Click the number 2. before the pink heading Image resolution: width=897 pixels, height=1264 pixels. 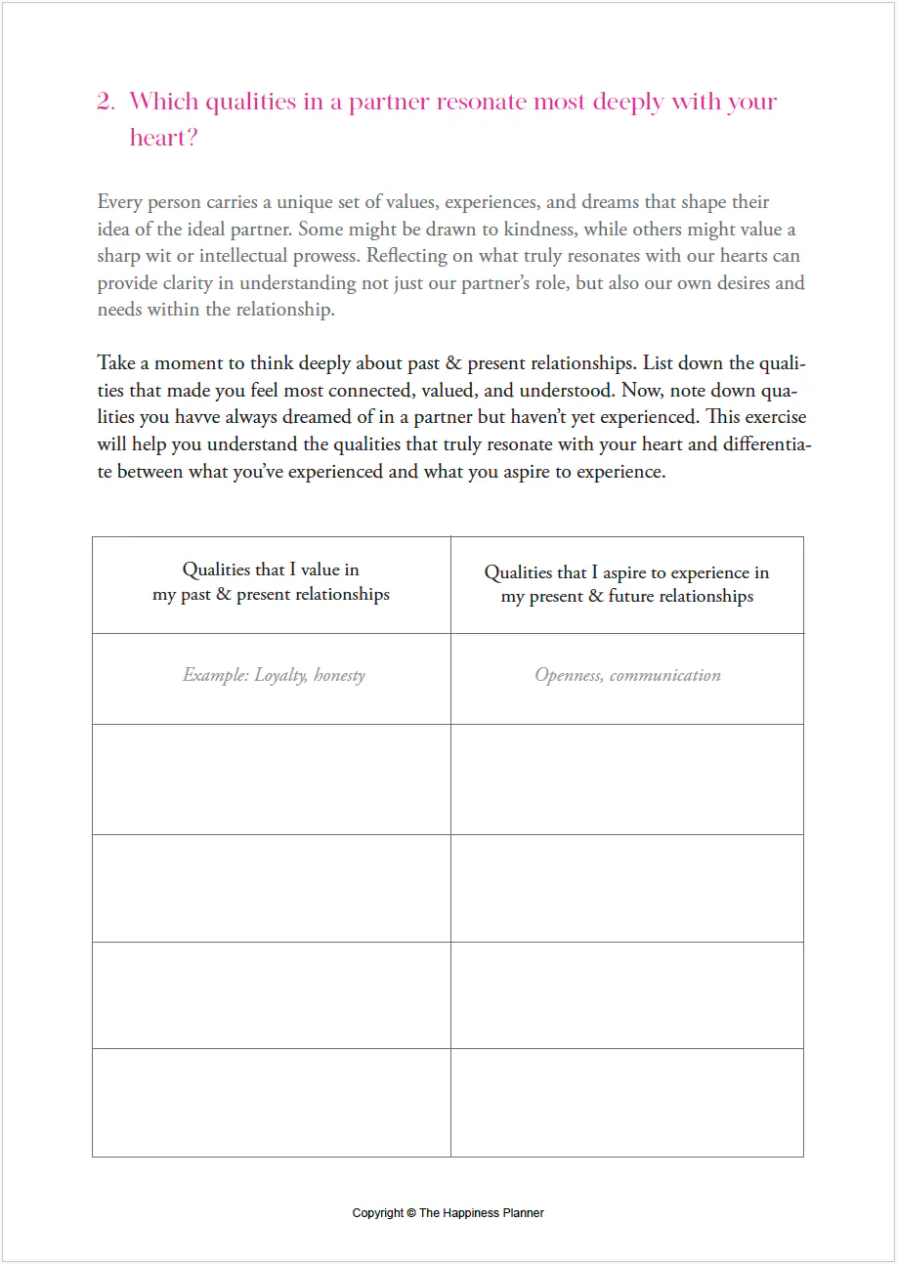click(x=106, y=102)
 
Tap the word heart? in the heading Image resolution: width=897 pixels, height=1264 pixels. click(x=164, y=138)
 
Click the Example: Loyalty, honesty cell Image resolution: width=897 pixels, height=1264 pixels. click(x=274, y=675)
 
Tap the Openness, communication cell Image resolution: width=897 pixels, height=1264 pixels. click(x=627, y=675)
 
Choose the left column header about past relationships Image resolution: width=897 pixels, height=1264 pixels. click(x=271, y=582)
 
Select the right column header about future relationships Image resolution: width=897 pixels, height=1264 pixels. click(x=627, y=584)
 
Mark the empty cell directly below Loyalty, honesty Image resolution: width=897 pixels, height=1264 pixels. click(x=272, y=779)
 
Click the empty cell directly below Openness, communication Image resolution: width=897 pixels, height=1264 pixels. click(x=627, y=779)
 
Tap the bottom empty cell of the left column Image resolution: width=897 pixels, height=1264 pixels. click(x=272, y=1103)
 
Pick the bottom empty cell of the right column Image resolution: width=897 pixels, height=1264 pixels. click(x=627, y=1103)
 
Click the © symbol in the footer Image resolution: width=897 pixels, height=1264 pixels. click(x=411, y=1213)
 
